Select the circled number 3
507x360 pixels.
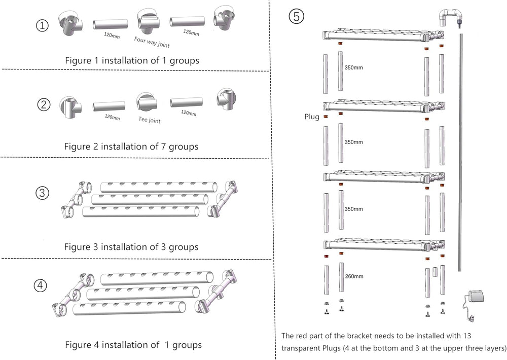click(43, 193)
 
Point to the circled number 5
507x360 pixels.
click(297, 16)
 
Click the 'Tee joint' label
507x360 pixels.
click(149, 120)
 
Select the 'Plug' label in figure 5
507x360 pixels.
click(311, 117)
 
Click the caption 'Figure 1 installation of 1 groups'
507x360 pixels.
click(132, 60)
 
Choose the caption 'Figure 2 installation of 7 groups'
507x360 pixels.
click(131, 147)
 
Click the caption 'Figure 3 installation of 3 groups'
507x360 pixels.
click(131, 247)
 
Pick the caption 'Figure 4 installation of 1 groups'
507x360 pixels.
click(133, 345)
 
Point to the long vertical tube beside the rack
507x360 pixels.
click(460, 152)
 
